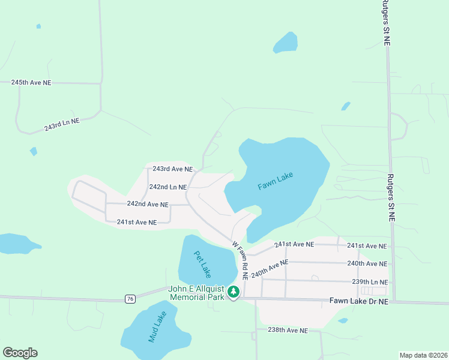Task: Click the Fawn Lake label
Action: (x=276, y=181)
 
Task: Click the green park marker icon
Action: (x=233, y=293)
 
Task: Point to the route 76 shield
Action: (x=130, y=298)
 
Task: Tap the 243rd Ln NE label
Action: (x=61, y=125)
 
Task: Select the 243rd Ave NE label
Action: (x=172, y=169)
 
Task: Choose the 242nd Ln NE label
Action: (x=168, y=187)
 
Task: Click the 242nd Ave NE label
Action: (x=147, y=204)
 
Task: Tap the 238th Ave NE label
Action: (x=288, y=331)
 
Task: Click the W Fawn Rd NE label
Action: (x=241, y=261)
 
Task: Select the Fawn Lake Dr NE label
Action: (x=359, y=301)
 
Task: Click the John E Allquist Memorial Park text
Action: (x=196, y=293)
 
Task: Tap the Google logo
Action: (x=20, y=353)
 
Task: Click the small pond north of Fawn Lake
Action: (x=286, y=42)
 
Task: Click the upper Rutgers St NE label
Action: (x=387, y=23)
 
